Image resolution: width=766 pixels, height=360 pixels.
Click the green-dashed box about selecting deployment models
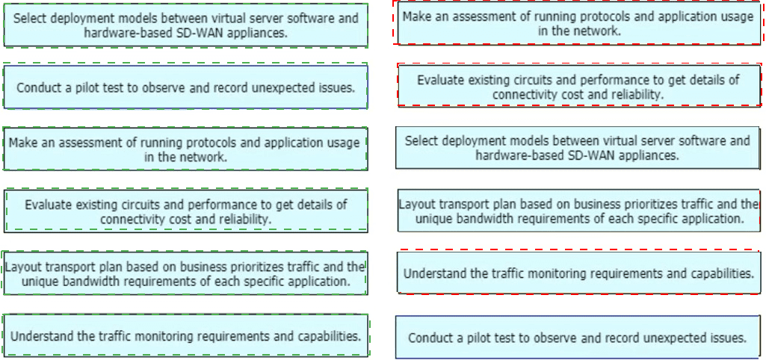[x=185, y=25]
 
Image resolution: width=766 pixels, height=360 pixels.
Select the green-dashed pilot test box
[x=185, y=87]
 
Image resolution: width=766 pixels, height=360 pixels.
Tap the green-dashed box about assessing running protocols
[x=185, y=149]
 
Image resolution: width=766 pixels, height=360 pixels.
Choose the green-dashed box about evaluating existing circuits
[x=186, y=211]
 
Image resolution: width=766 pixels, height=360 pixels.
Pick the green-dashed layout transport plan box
[x=184, y=273]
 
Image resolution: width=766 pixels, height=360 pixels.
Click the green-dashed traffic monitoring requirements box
[x=185, y=335]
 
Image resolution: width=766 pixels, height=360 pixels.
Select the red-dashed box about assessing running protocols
[x=578, y=23]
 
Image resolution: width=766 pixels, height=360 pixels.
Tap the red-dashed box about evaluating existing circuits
[x=579, y=85]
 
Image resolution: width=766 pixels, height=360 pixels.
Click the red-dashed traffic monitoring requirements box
[x=579, y=272]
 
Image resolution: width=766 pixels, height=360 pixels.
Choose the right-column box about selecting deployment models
[x=578, y=148]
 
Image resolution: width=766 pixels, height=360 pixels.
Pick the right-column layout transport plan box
[x=579, y=211]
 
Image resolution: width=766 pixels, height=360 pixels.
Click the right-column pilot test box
[x=578, y=337]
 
